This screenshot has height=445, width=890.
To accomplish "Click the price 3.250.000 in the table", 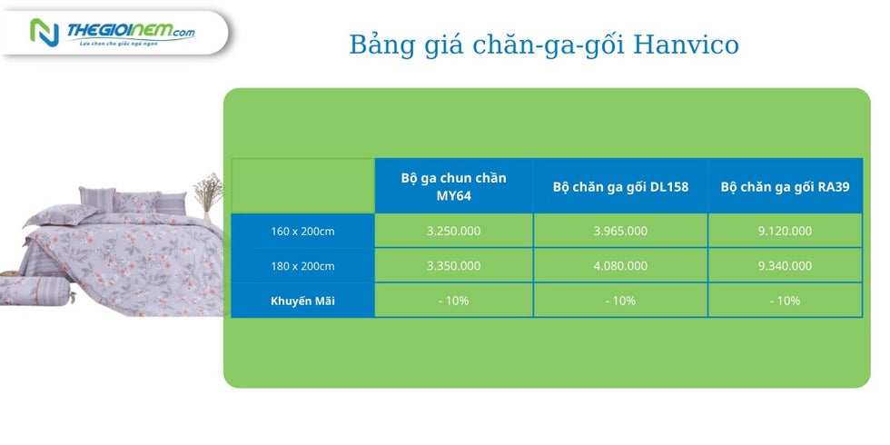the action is click(453, 231).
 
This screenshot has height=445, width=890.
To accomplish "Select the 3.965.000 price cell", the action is click(620, 231).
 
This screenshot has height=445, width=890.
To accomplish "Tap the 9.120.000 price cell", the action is click(785, 231).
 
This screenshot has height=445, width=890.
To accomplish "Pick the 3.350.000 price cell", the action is click(453, 265).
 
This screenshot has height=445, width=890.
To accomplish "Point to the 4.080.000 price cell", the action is click(620, 265).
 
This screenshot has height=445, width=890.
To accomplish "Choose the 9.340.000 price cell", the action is click(785, 265).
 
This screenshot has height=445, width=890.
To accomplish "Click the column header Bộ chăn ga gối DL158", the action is click(620, 187).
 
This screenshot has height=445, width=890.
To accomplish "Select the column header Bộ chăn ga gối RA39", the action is click(785, 187).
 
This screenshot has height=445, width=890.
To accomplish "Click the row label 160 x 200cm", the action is click(302, 232).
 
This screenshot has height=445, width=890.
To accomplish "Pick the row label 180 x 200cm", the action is click(302, 266).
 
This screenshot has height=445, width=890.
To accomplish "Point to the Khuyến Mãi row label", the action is click(302, 301).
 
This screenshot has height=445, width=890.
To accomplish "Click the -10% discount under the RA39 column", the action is click(785, 301).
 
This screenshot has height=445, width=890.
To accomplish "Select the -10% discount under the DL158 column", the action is click(620, 301).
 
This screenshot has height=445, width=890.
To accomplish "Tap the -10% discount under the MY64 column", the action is click(453, 301).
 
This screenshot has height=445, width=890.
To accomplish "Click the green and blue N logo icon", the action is click(44, 33).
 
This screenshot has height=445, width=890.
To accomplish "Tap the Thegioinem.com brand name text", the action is click(131, 31).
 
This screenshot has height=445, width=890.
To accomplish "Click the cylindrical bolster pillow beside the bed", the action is click(37, 291).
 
